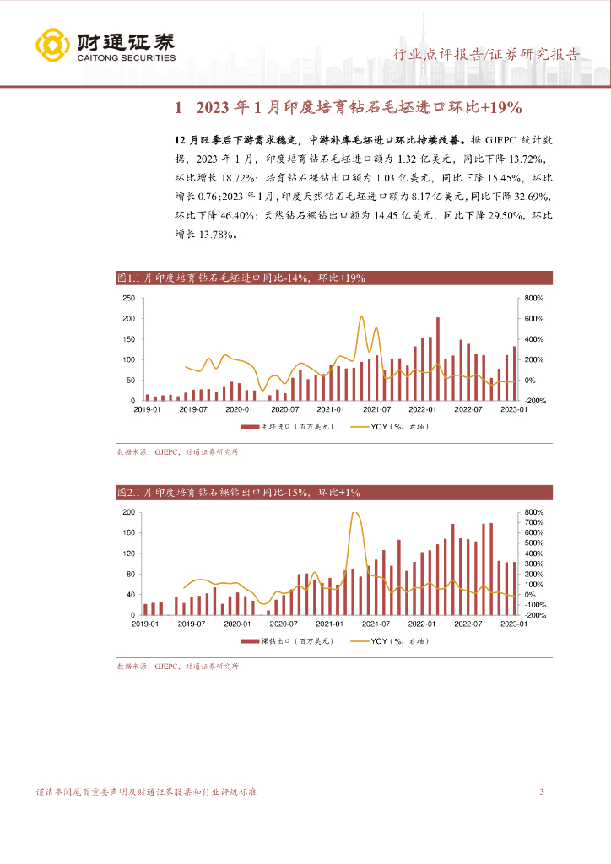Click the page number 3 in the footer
[541, 791]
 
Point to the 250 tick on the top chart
[128, 299]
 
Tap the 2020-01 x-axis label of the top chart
[240, 409]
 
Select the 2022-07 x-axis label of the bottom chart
[467, 624]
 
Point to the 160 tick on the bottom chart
[128, 533]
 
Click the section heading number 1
[178, 108]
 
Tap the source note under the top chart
[178, 452]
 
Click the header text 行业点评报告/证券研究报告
[487, 55]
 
